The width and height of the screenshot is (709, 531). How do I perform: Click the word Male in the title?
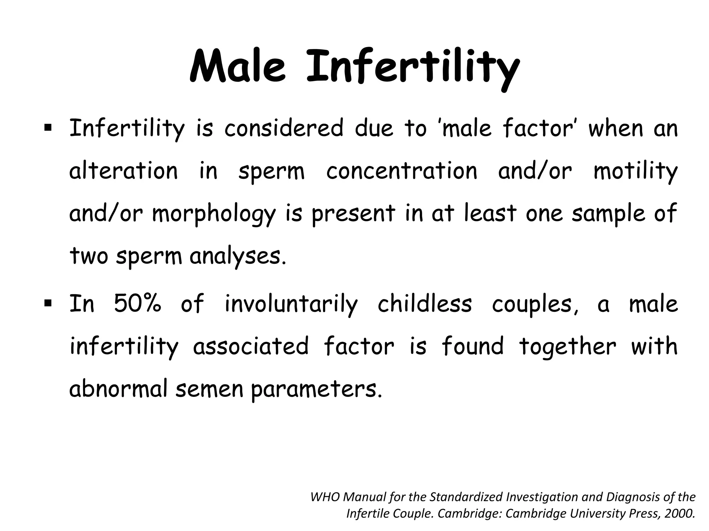pos(238,66)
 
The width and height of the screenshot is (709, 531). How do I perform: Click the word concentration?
pos(402,171)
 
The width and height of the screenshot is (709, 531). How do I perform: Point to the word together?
pos(568,347)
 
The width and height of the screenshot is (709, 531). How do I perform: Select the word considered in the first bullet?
pos(284,128)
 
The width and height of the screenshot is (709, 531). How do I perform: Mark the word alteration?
pos(123,171)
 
